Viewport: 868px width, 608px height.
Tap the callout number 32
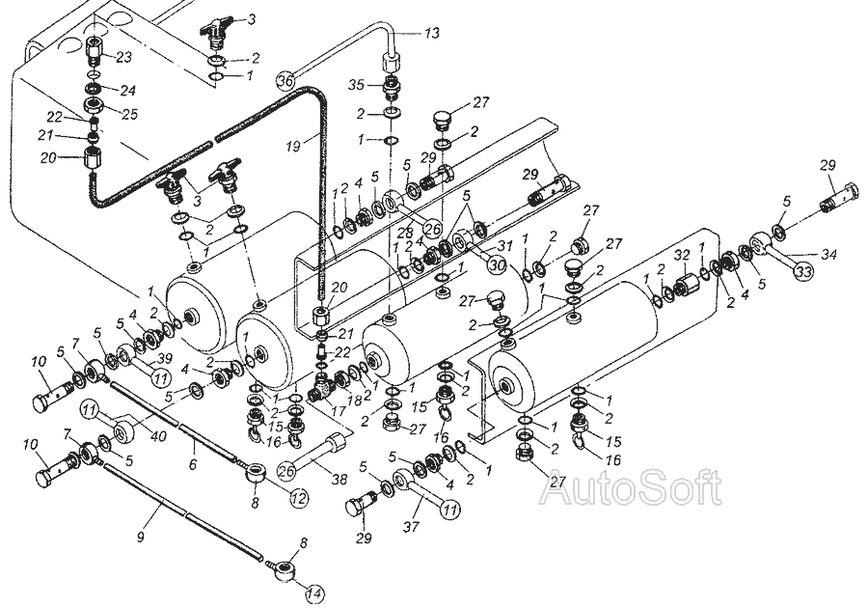pos(682,256)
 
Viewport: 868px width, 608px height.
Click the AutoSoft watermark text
pos(631,488)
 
